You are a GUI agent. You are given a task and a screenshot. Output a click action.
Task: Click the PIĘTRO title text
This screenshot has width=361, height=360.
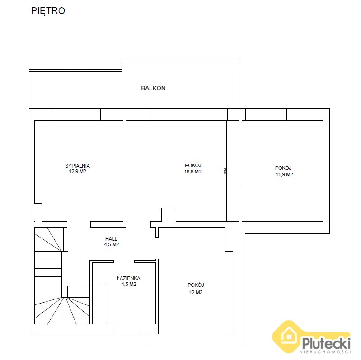(48, 11)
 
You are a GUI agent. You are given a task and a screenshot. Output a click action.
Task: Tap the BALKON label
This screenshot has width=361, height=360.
(153, 88)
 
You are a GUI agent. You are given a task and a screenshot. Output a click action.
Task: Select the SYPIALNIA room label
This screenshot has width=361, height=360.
(77, 166)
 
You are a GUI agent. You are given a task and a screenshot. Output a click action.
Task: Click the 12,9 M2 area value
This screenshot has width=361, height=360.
(78, 171)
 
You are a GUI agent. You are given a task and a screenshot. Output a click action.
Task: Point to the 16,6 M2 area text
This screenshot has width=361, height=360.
(193, 172)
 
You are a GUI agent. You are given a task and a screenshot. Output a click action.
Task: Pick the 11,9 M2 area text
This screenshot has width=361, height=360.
(284, 174)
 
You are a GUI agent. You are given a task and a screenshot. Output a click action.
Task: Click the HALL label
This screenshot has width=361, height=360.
(111, 239)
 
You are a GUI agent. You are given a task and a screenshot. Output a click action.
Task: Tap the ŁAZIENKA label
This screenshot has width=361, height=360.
(129, 278)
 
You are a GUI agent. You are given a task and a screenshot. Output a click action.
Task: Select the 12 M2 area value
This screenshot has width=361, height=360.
(196, 292)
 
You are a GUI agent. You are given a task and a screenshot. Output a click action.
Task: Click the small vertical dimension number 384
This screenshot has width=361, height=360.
(225, 171)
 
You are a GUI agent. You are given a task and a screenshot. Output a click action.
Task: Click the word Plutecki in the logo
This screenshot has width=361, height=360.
(326, 343)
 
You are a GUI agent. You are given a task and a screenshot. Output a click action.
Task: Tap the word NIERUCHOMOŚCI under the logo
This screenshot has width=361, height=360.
(325, 352)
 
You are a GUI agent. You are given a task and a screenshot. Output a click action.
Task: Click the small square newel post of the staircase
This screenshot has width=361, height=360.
(65, 292)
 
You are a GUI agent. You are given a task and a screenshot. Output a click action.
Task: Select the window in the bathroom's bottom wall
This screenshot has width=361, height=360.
(126, 330)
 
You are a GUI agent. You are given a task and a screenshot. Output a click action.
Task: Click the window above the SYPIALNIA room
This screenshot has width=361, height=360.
(77, 114)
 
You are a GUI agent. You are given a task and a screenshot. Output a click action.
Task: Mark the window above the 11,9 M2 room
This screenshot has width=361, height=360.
(266, 114)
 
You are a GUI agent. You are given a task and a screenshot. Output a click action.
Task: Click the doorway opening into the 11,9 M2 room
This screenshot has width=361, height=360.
(240, 198)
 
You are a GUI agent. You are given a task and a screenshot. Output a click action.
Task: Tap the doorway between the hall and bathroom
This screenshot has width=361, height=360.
(124, 262)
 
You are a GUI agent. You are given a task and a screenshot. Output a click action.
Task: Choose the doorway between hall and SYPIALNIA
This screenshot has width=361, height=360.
(79, 224)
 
